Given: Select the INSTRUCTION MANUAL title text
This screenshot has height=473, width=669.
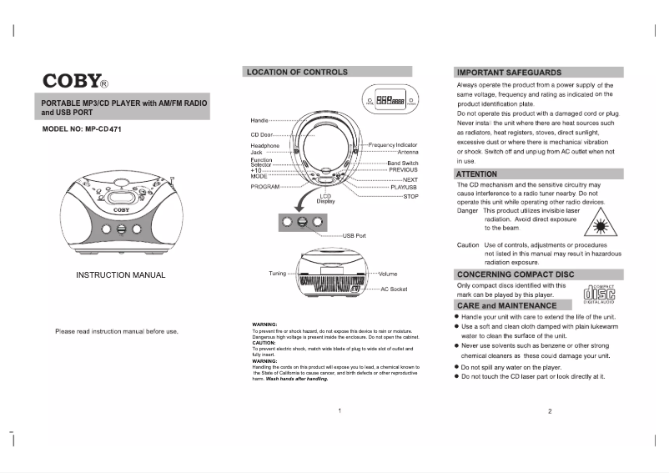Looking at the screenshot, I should [120, 275].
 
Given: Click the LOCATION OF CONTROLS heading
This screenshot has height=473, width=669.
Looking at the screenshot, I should [298, 73].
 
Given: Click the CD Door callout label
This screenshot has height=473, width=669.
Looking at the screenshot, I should [261, 134].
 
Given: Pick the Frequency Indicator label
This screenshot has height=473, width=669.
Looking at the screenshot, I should [394, 145].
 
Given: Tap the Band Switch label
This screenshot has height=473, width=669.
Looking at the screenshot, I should [403, 164].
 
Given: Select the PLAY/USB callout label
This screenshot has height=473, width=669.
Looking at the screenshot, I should [405, 188].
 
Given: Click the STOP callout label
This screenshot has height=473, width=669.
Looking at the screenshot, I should [410, 196].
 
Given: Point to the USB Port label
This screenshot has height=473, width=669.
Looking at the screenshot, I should [355, 236].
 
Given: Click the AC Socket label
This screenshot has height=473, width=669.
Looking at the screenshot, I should [394, 289].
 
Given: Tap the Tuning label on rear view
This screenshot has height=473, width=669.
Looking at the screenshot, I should [277, 274].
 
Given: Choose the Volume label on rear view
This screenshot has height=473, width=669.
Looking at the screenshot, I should [388, 274].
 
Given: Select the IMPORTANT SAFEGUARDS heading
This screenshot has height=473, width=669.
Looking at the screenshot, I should [510, 73].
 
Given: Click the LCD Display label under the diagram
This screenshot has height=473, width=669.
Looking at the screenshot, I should [325, 199].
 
